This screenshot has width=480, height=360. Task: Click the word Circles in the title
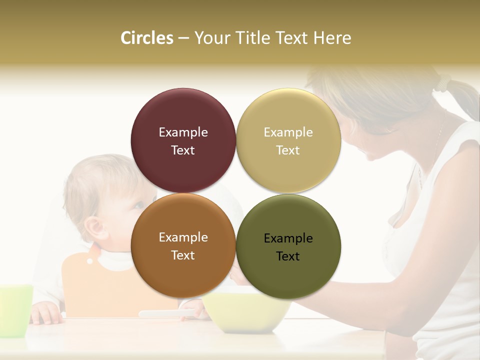(147, 38)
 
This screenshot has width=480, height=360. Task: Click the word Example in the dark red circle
(183, 132)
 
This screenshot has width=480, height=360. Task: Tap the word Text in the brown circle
(183, 255)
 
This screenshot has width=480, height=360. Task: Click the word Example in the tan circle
(288, 132)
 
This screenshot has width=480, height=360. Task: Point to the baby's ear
(94, 228)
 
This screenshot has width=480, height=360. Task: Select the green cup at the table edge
(15, 310)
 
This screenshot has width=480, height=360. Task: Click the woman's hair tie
(442, 82)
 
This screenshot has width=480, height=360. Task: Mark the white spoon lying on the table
(165, 313)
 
